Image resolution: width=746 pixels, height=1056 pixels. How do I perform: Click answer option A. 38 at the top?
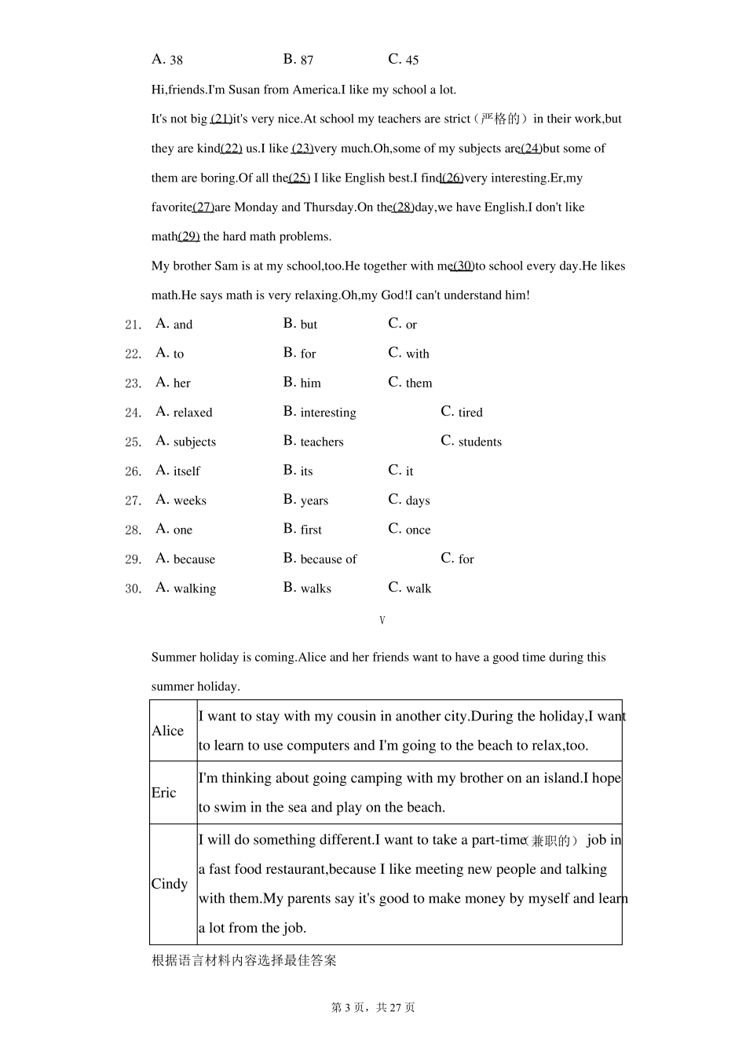167,60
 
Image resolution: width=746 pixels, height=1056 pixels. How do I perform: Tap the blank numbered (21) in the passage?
221,119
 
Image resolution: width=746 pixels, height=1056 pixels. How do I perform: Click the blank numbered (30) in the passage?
463,266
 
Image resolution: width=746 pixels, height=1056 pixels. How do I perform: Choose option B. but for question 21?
300,324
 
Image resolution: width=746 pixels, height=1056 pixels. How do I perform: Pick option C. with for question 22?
408,354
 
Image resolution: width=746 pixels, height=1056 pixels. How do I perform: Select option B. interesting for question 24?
320,412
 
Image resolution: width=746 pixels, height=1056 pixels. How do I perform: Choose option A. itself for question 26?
178,471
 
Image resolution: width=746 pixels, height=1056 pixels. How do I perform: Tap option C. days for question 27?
408,500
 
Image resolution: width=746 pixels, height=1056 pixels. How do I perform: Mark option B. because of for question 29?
320,559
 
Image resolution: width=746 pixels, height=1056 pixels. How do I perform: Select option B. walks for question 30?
307,588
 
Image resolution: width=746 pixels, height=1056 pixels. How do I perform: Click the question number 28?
133,530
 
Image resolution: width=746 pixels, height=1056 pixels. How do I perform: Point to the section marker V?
382,621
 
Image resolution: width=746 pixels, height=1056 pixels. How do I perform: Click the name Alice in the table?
168,731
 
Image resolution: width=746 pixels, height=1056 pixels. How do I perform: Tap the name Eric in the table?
164,793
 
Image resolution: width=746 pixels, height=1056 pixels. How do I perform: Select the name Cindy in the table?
170,884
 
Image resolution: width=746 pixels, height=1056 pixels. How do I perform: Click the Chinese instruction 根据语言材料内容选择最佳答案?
244,961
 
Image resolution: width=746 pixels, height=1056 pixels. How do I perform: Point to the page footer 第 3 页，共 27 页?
373,1008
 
